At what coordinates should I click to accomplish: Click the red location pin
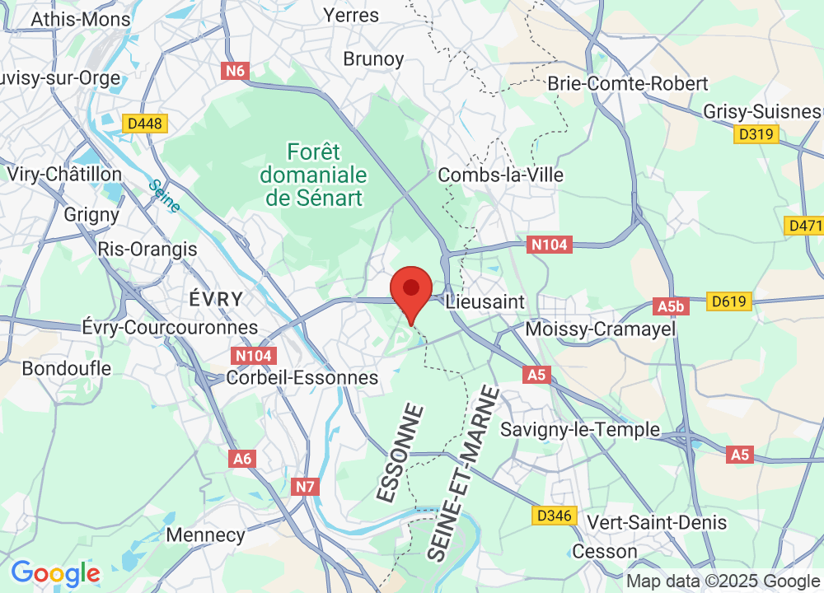[x=411, y=290]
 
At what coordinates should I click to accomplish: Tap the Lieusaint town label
[x=485, y=302]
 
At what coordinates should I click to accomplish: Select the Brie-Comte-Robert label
[x=628, y=84]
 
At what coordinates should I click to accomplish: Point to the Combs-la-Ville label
[x=501, y=175]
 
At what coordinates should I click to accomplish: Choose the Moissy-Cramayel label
[x=600, y=329]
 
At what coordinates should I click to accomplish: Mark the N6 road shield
[x=236, y=71]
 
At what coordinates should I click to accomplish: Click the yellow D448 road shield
[x=145, y=124]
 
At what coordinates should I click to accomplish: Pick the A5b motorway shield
[x=672, y=307]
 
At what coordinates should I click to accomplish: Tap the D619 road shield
[x=730, y=301]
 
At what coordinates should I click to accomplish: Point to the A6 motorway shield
[x=242, y=459]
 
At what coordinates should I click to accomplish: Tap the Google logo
[x=55, y=573]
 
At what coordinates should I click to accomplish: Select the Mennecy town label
[x=205, y=535]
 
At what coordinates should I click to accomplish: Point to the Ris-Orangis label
[x=147, y=249]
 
